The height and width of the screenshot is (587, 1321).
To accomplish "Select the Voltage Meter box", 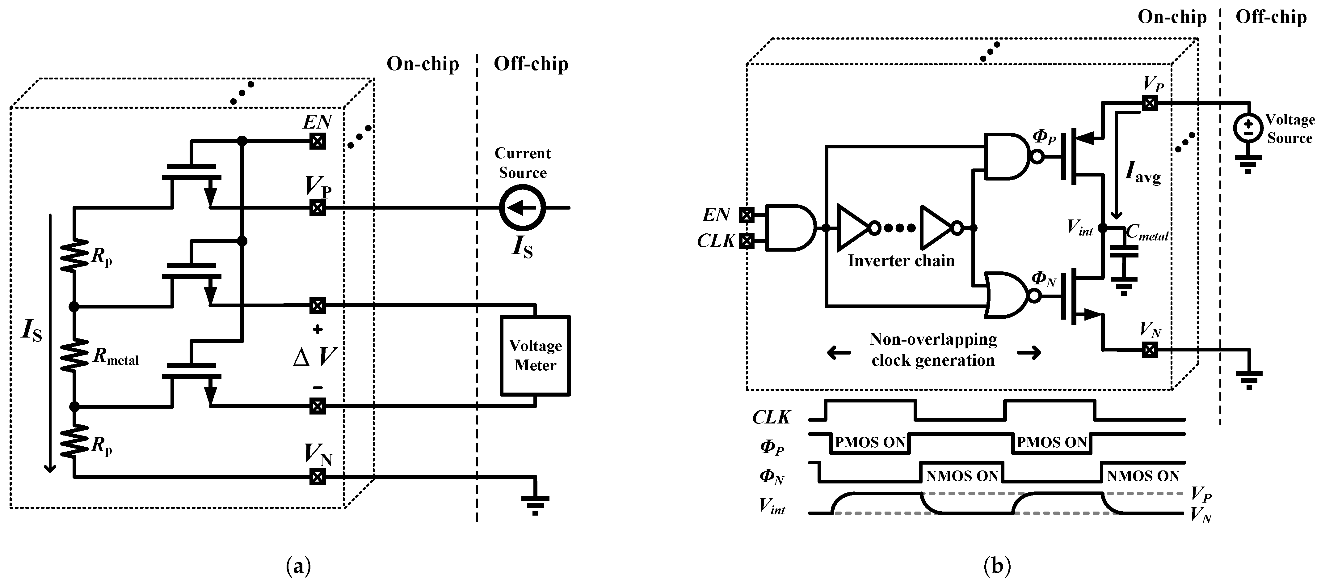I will coord(535,355).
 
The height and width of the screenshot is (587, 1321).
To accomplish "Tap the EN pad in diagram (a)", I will coord(318,141).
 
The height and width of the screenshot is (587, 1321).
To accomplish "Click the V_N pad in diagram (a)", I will coord(318,477).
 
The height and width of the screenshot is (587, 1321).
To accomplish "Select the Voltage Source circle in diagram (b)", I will coord(1248,128).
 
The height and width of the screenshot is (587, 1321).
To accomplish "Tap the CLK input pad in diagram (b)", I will coord(746,241).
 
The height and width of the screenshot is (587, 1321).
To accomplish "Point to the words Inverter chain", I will coord(901,261).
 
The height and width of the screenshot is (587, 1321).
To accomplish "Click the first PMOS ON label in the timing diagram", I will coord(870,442).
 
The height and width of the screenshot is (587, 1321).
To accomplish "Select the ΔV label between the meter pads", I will coord(315,357).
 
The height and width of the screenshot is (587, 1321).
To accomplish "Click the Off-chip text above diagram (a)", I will coord(531,64).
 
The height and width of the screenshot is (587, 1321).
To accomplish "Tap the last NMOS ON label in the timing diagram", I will coord(1143,476).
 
